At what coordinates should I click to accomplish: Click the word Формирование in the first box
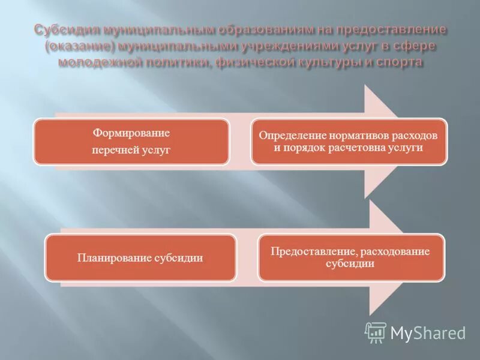(x=131, y=133)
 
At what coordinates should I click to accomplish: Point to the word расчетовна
(x=353, y=148)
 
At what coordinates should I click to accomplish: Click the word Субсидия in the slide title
(x=65, y=30)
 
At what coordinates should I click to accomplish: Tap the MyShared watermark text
(x=428, y=333)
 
